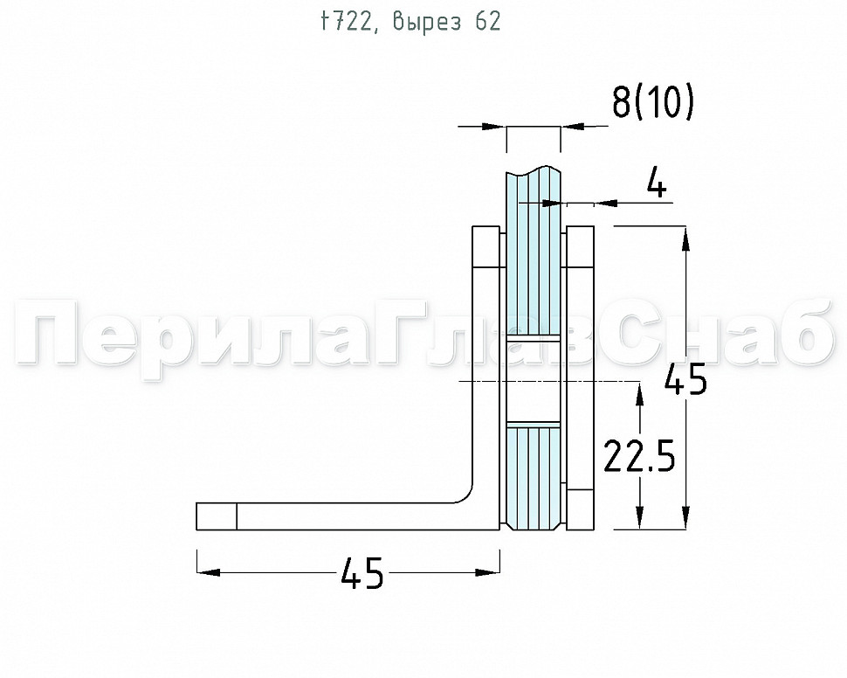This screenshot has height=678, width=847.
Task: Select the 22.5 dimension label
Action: pyautogui.click(x=639, y=456)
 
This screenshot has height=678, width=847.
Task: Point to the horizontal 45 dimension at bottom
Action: pyautogui.click(x=362, y=572)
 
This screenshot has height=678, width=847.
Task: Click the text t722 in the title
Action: pyautogui.click(x=346, y=22)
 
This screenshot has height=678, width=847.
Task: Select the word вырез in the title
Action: pyautogui.click(x=427, y=22)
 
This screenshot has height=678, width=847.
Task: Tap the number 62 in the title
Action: pyautogui.click(x=488, y=22)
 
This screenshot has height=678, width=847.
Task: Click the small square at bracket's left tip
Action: pyautogui.click(x=216, y=516)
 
